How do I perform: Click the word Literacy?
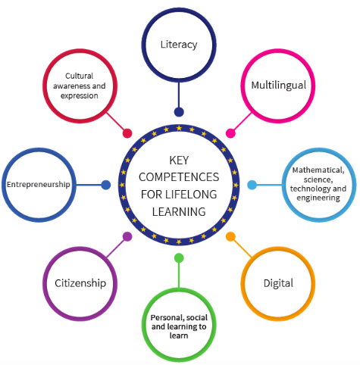179,45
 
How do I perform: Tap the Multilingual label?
278,86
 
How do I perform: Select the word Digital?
278,283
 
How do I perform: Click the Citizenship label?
80,283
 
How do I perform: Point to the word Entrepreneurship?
39,185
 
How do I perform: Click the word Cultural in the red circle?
80,76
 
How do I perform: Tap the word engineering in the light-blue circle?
318,198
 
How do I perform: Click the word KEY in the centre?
179,161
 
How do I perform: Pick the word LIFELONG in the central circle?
191,195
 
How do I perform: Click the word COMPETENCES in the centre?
179,177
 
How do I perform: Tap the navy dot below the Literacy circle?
179,112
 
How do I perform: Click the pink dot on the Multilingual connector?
230,133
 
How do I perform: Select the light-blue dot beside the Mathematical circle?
252,185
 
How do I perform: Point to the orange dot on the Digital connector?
230,236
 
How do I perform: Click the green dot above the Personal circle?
179,258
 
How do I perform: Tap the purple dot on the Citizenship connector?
127,236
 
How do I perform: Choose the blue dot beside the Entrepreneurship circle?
106,185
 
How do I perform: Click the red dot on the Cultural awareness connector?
127,133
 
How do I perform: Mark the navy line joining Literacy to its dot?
179,95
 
